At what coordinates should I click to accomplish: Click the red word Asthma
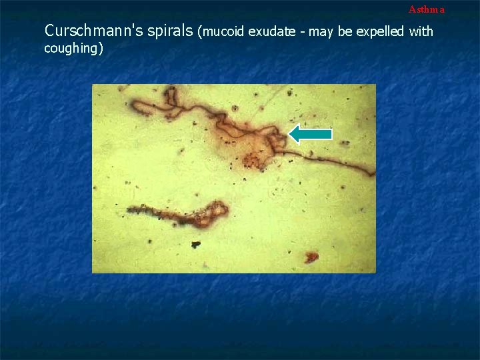point(426,9)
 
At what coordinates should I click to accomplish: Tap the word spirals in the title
point(170,31)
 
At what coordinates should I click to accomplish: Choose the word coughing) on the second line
point(73,49)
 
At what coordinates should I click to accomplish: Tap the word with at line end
point(421,31)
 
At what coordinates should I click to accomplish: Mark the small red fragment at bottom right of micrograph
point(311,256)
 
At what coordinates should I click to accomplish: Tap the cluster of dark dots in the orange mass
point(252,160)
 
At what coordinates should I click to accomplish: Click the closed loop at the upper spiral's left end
point(142,104)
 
